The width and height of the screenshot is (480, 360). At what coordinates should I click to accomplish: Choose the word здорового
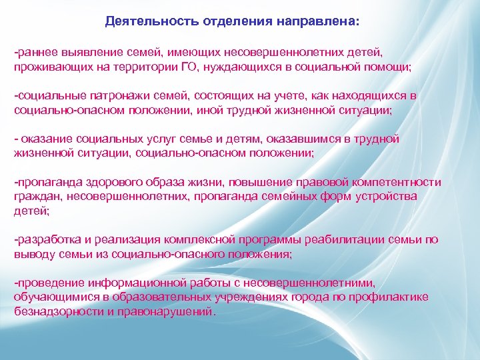(x=107, y=182)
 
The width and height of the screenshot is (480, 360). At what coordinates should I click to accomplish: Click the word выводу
(x=32, y=253)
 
